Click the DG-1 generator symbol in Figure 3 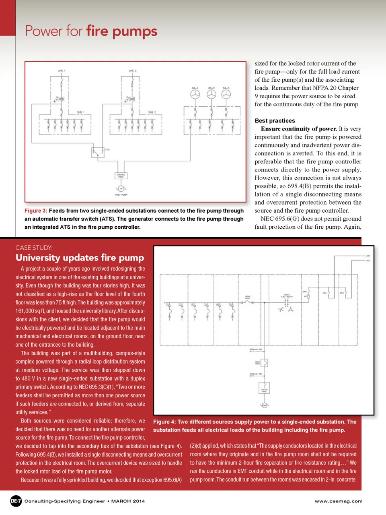[x=195, y=94]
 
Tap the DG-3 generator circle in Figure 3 [x=226, y=94]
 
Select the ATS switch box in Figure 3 [x=97, y=153]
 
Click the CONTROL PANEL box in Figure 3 [x=121, y=175]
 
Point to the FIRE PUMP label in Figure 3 [x=121, y=194]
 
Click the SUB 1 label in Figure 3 [x=80, y=112]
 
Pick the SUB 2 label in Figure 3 [x=152, y=112]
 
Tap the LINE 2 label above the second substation [x=132, y=70]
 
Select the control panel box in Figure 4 [x=264, y=388]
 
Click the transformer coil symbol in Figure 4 [x=286, y=302]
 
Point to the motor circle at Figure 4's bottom [x=264, y=405]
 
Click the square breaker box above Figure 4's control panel [x=264, y=363]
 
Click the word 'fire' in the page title [x=97, y=31]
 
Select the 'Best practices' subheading [x=275, y=120]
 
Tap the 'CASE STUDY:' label [x=34, y=248]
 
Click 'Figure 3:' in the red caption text [x=36, y=211]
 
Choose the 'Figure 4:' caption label [x=164, y=422]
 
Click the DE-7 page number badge [x=16, y=501]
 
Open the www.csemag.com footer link [x=339, y=501]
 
